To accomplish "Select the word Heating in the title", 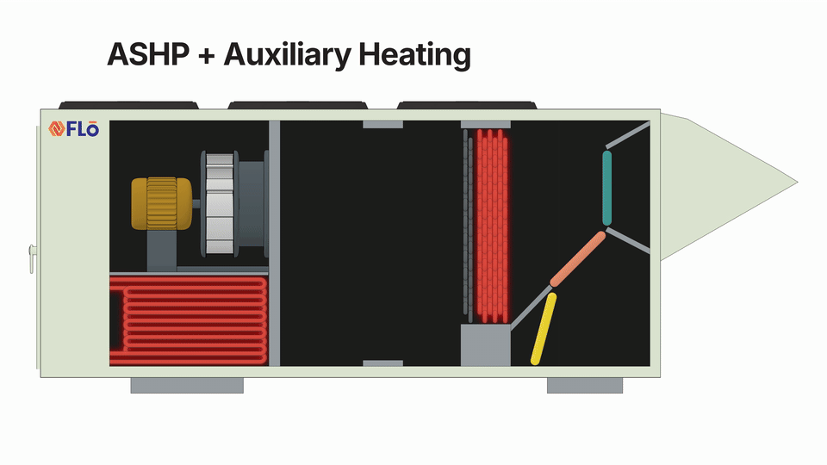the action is click(x=414, y=55).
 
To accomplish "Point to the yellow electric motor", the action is click(x=160, y=204).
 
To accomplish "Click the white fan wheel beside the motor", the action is click(x=219, y=203).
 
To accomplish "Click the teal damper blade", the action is click(x=606, y=189).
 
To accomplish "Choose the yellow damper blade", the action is click(x=544, y=327).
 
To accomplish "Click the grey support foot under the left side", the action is click(x=186, y=386).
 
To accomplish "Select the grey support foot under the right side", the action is click(x=584, y=386).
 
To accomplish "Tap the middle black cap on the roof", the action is click(x=298, y=105).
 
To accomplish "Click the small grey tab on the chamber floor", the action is click(x=382, y=363).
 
